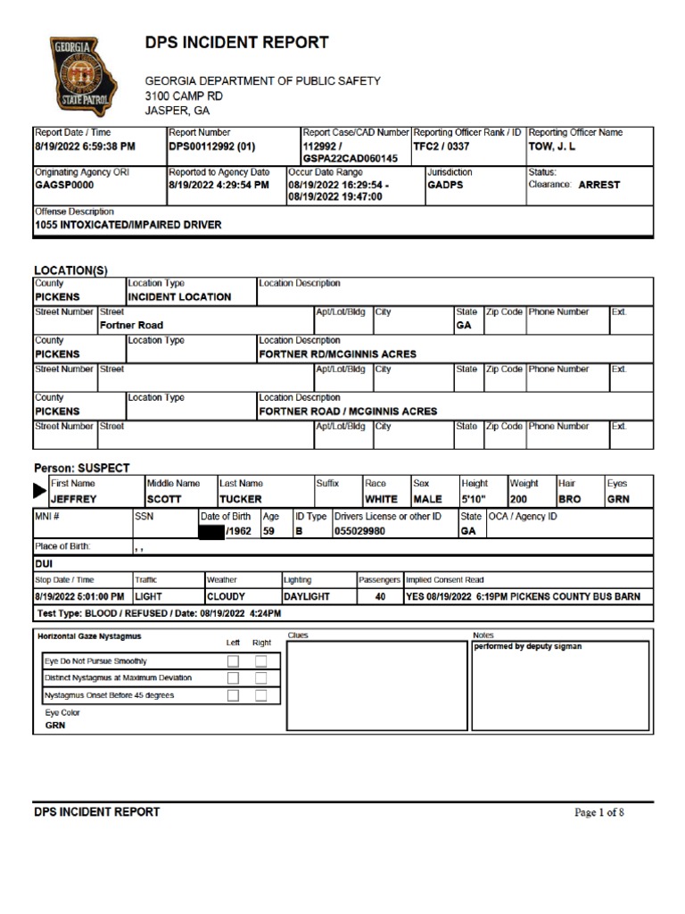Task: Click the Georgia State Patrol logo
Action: (x=83, y=76)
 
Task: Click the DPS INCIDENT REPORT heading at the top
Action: (x=236, y=43)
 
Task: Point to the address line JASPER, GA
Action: (x=177, y=111)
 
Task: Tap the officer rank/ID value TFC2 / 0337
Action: (x=441, y=146)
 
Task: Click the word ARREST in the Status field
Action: (x=598, y=185)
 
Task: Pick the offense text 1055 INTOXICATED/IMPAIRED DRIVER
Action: (x=128, y=226)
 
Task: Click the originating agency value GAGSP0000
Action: (x=63, y=186)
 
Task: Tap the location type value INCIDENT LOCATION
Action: (x=179, y=297)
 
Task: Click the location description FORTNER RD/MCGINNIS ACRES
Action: (x=337, y=354)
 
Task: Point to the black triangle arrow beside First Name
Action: (x=40, y=490)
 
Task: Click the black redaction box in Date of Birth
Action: (x=211, y=532)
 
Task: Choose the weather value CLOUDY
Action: (x=226, y=596)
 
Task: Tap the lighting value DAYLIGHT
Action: (x=306, y=596)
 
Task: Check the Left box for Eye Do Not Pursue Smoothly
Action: (x=233, y=661)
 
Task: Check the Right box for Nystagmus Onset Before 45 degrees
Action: (x=261, y=695)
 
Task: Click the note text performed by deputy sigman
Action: (x=527, y=646)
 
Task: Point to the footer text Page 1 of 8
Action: (x=598, y=812)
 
